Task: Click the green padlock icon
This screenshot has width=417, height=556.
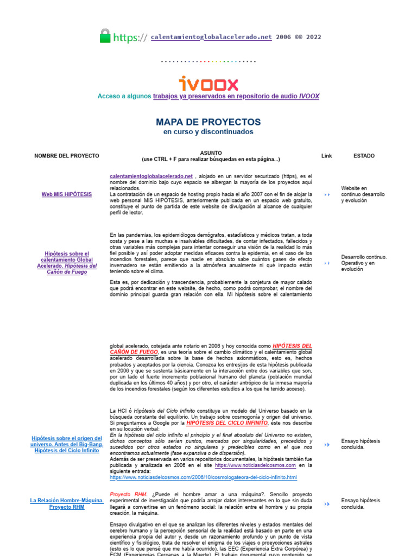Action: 105,36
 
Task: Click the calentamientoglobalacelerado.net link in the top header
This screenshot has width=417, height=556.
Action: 211,37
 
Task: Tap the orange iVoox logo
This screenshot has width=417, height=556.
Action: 208,84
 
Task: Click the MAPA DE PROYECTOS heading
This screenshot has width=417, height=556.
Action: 208,122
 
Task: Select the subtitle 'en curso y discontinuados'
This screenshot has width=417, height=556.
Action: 208,132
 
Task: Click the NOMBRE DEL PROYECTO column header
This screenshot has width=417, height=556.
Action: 67,156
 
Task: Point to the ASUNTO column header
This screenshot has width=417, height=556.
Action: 211,153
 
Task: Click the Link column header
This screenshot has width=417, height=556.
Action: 326,156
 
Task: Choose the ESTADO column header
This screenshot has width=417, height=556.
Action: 364,156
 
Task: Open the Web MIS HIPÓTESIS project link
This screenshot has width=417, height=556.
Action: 67,194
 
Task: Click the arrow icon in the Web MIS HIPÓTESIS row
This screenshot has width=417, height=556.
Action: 326,194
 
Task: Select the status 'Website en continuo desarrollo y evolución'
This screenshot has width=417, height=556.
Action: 363,194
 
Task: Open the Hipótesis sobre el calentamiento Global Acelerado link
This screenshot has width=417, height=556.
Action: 67,263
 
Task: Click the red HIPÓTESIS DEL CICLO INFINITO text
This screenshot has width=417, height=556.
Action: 226,422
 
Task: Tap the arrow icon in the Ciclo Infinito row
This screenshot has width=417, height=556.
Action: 326,445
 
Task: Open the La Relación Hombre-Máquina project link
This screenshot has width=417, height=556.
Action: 67,503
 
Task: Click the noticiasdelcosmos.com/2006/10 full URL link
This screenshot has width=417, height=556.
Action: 203,477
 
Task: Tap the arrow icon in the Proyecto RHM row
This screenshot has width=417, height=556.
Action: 326,504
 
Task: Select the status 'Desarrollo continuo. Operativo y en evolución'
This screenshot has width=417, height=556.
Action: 364,263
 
